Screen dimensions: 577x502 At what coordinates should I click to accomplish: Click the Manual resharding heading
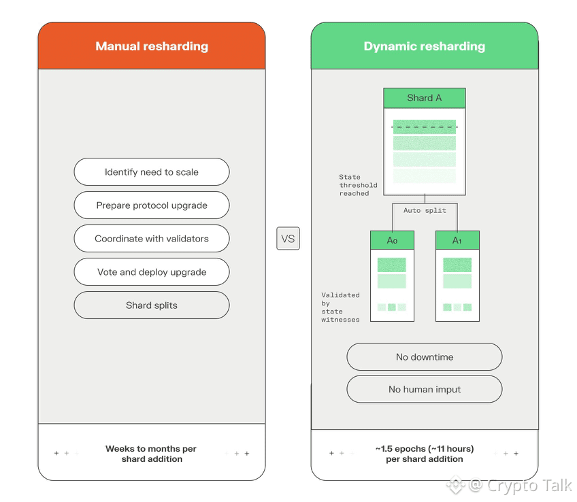(x=152, y=46)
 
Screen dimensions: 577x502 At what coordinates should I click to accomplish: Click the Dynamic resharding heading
(x=425, y=46)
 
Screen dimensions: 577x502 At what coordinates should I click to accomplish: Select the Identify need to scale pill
(x=152, y=171)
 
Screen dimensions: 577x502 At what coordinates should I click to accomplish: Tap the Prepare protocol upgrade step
(x=152, y=205)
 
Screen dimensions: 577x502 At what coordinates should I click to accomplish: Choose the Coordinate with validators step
(x=152, y=239)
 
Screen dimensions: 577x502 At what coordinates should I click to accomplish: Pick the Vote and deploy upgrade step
(x=152, y=272)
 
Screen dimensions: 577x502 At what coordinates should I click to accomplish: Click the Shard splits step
(x=152, y=305)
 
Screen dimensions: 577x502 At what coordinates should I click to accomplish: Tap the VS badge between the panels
(x=288, y=239)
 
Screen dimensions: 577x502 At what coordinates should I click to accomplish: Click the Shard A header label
(x=425, y=98)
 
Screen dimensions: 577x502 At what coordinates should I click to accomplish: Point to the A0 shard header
(x=393, y=241)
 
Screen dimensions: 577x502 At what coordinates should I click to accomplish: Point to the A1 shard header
(x=457, y=241)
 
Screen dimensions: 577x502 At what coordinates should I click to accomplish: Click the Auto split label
(x=425, y=211)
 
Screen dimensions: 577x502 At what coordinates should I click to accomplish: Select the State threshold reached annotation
(x=358, y=185)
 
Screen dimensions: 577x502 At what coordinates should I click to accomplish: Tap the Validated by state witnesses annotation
(x=340, y=307)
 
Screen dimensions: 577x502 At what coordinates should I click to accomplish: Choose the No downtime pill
(x=425, y=356)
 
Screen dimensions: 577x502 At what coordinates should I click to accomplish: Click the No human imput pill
(x=425, y=389)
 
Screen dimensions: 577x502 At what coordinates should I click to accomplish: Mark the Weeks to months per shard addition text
(x=151, y=454)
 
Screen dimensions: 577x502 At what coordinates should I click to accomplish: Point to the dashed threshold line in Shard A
(x=425, y=127)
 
